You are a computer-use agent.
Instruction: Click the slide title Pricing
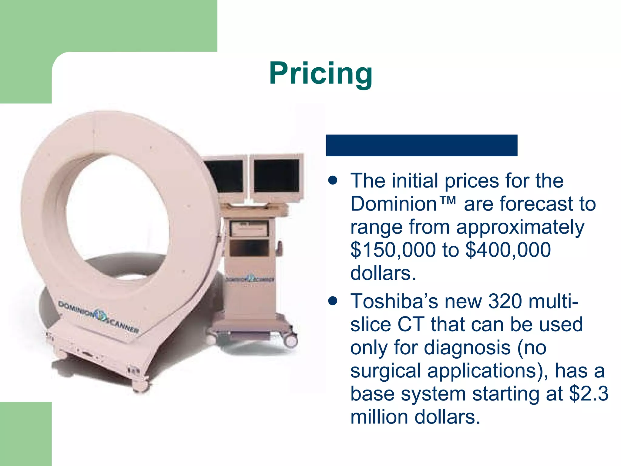click(321, 73)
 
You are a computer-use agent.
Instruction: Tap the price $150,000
click(393, 250)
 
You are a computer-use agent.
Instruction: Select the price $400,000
click(508, 250)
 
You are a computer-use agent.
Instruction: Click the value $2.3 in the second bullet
click(589, 393)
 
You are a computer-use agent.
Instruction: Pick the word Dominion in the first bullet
click(394, 204)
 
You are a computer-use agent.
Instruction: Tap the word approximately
click(520, 227)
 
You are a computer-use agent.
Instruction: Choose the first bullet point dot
click(333, 181)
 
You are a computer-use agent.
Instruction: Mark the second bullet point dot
click(333, 301)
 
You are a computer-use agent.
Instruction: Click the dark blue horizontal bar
click(421, 145)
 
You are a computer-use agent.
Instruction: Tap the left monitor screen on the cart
click(224, 176)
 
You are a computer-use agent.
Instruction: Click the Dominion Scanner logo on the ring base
click(99, 316)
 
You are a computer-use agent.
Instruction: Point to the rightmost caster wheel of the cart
click(291, 340)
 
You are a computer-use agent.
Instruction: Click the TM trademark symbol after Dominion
click(447, 200)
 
